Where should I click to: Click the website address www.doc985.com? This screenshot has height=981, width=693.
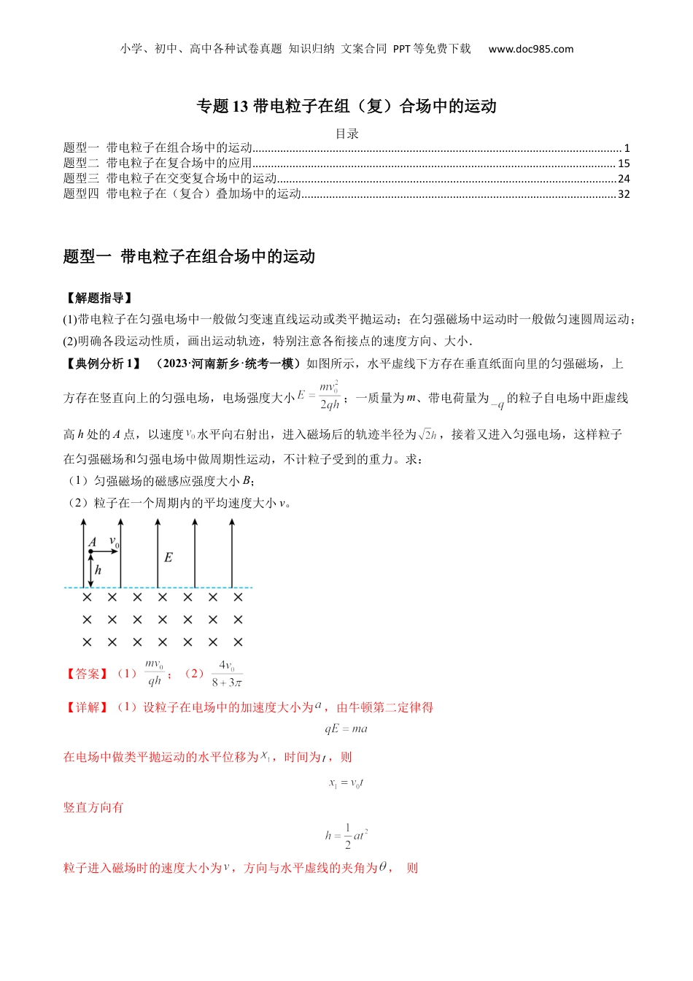click(x=530, y=49)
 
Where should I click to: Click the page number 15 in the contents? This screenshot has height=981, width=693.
click(x=624, y=163)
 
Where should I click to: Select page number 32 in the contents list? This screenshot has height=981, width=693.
click(x=624, y=194)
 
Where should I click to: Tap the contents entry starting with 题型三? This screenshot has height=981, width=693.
click(x=170, y=179)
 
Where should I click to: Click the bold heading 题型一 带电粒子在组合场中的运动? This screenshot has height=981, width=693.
click(x=189, y=256)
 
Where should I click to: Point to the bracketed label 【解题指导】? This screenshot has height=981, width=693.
click(x=98, y=298)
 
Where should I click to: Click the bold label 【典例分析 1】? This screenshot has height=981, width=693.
click(x=103, y=363)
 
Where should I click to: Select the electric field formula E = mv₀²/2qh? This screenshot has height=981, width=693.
click(x=319, y=396)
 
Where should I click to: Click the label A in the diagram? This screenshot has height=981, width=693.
click(x=93, y=542)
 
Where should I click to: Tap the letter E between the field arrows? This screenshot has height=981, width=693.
click(x=169, y=558)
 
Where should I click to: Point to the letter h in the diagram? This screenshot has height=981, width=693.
click(x=98, y=570)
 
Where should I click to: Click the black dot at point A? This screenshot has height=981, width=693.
click(x=90, y=552)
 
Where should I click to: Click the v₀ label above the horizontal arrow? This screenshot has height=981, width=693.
click(x=114, y=542)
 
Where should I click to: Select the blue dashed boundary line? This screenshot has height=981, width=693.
click(x=158, y=587)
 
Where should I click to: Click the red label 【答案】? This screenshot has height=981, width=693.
click(x=87, y=674)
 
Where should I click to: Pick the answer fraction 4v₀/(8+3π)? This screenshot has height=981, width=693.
click(x=227, y=674)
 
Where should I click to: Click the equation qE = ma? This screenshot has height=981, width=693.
click(x=346, y=728)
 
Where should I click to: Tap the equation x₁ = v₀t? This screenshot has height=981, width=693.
click(x=346, y=783)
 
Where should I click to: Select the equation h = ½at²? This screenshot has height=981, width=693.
click(x=346, y=836)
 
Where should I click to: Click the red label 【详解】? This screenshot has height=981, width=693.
click(x=87, y=707)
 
